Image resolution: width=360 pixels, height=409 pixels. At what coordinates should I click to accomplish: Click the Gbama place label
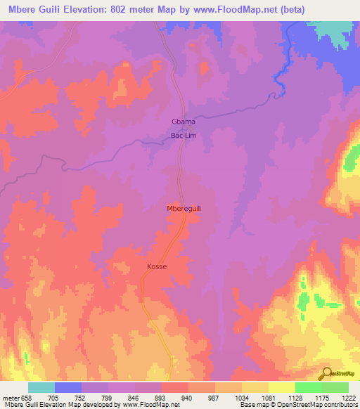[x=183, y=122]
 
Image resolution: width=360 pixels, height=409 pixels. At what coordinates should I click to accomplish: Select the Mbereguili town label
[x=184, y=209]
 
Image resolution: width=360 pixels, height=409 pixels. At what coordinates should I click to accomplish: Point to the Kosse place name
[x=157, y=267]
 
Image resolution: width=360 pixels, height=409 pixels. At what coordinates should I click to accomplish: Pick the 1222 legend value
[x=349, y=397]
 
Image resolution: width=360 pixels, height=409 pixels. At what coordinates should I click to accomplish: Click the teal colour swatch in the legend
[x=41, y=387]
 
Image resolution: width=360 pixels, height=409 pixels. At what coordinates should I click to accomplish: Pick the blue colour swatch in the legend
[x=67, y=387]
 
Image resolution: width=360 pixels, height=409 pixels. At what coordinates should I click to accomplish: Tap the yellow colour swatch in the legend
[x=281, y=387]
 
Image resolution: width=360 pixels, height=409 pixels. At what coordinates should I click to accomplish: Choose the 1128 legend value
[x=295, y=397]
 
